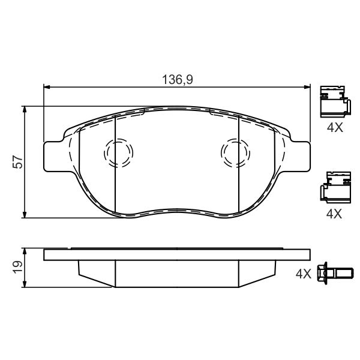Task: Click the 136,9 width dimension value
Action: click(x=178, y=80)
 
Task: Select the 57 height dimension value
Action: click(x=18, y=162)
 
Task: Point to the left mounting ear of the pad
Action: click(x=53, y=157)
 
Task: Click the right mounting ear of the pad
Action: click(x=301, y=157)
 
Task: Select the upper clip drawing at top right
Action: click(x=335, y=102)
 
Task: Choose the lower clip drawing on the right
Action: click(x=335, y=187)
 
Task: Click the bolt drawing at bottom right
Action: click(x=335, y=273)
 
